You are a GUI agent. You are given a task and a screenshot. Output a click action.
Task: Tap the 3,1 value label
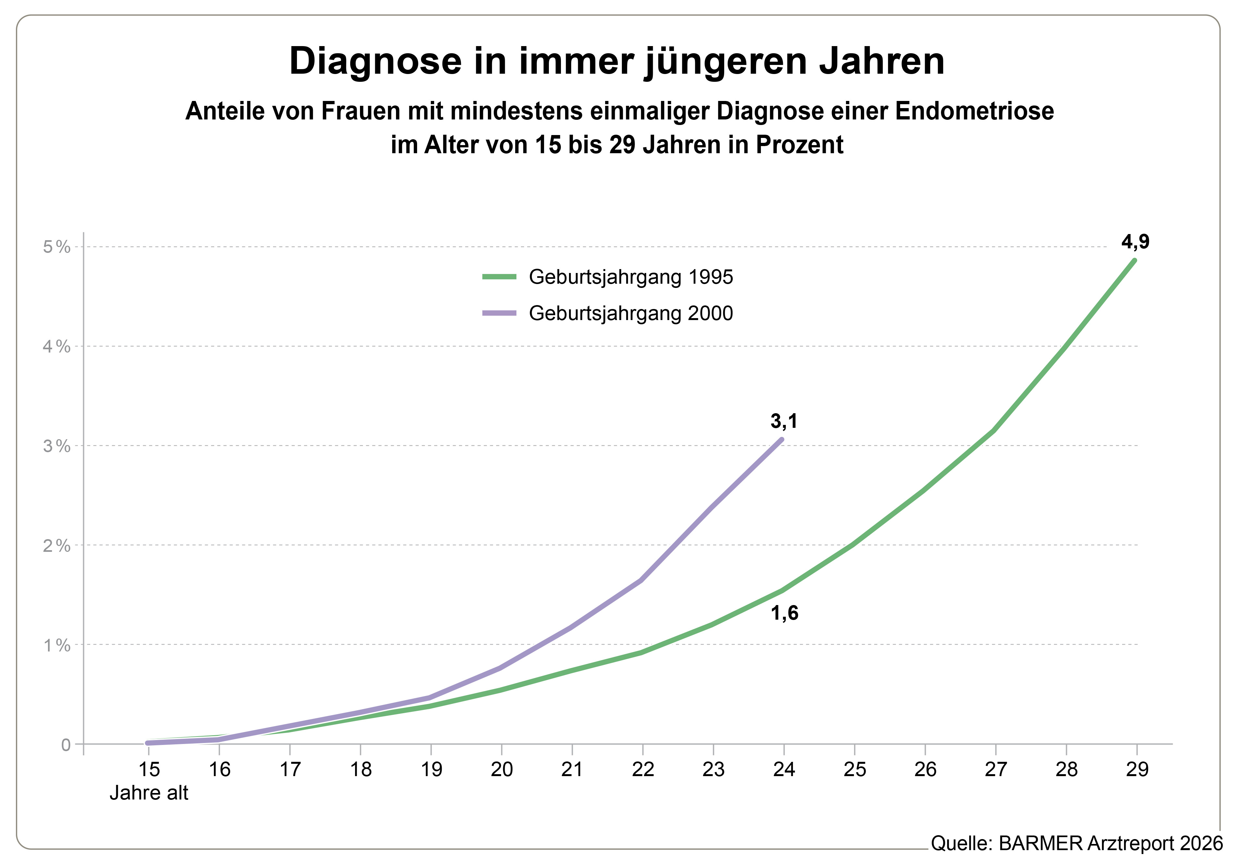[x=784, y=421]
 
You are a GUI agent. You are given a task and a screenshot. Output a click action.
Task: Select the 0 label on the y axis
[x=66, y=745]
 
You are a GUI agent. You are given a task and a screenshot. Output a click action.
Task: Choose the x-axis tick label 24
[x=784, y=769]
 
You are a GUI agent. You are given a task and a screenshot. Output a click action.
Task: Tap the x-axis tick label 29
[x=1137, y=769]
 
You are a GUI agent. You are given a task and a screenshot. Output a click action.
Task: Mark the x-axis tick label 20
[x=501, y=769]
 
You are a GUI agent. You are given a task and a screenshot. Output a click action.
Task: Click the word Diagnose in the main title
[x=375, y=61]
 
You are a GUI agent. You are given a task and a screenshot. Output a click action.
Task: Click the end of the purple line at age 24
[x=782, y=440]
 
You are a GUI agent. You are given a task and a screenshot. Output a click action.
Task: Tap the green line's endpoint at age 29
[x=1135, y=260]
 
